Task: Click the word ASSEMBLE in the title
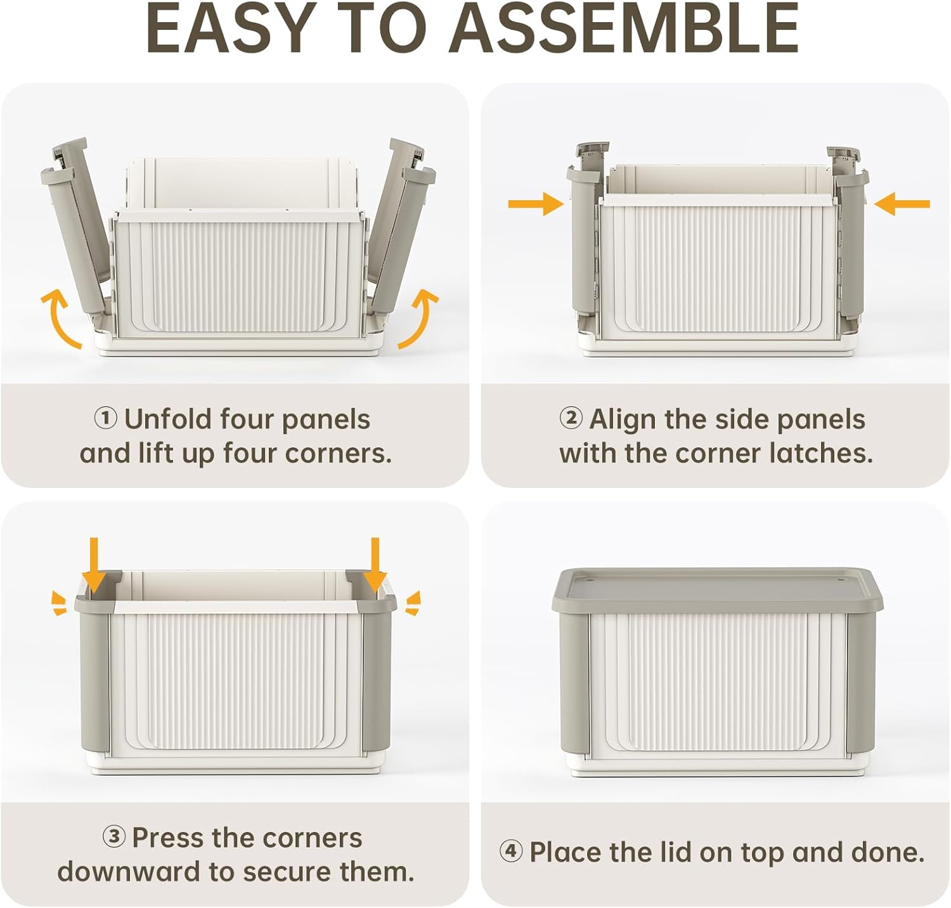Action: click(x=624, y=29)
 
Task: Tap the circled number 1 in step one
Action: click(x=105, y=418)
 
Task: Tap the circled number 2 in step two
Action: click(x=571, y=418)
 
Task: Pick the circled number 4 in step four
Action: click(x=510, y=852)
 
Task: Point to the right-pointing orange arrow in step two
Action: click(x=536, y=203)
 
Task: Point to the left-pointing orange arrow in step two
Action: click(x=902, y=204)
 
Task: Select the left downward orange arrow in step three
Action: click(x=94, y=564)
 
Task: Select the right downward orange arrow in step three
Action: click(x=375, y=564)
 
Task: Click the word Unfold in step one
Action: click(x=167, y=419)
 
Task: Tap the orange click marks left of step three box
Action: click(x=58, y=603)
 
